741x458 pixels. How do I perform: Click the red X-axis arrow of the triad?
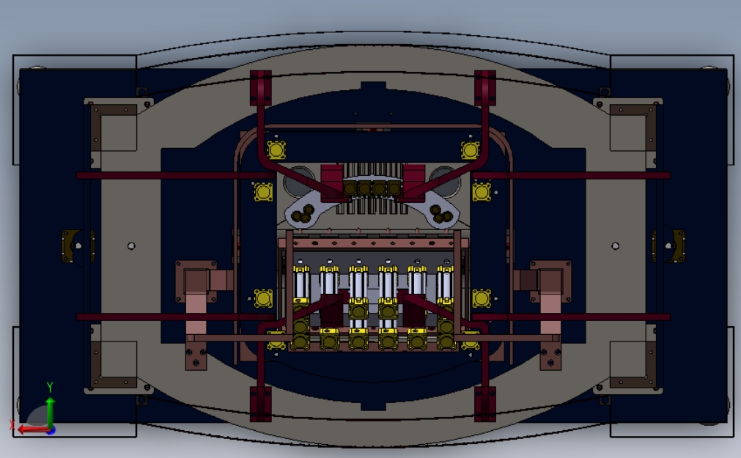(34, 429)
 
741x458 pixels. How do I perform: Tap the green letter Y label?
(50, 387)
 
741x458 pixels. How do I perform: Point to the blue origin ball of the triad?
(51, 430)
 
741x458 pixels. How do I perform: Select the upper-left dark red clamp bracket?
(260, 87)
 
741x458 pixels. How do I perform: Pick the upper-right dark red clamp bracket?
(485, 87)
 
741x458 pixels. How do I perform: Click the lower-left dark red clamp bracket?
(260, 404)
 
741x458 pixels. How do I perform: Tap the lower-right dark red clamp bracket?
(485, 404)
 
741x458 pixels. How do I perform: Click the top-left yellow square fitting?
(276, 150)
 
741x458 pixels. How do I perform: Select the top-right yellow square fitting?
(471, 150)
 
